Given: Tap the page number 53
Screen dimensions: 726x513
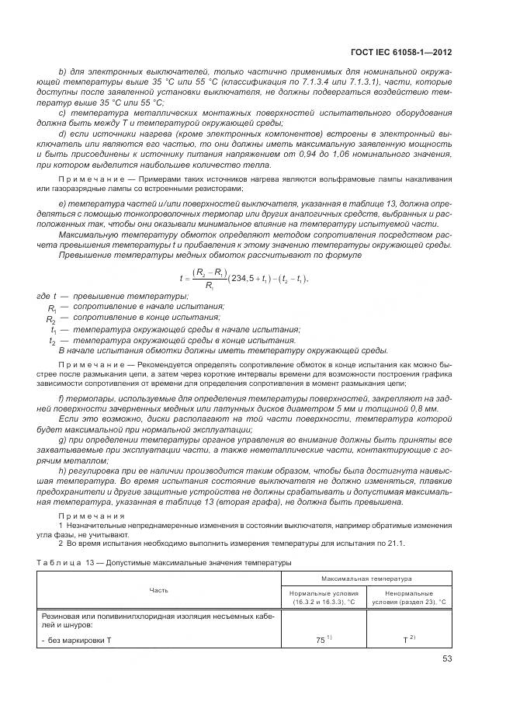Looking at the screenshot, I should [445, 658].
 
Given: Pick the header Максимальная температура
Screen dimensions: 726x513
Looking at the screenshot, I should [366, 578].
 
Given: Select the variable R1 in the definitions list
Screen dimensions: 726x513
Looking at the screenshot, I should [52, 308].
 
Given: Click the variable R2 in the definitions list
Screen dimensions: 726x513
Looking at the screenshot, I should [52, 319].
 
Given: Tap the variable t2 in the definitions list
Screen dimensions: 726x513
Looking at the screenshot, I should [53, 340].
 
